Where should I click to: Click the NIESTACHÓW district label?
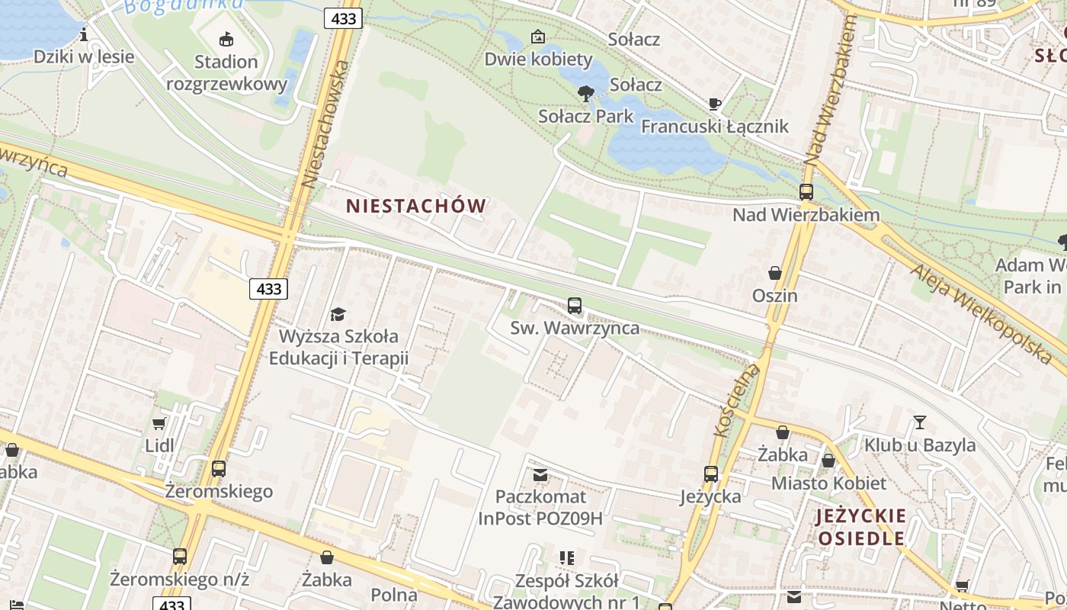tap(416, 206)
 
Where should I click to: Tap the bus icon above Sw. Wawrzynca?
tap(575, 306)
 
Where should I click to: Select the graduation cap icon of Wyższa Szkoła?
tap(338, 313)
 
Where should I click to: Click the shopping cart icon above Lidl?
tap(159, 423)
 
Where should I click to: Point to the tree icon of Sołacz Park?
tap(585, 94)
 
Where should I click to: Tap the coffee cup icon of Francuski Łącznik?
tap(714, 104)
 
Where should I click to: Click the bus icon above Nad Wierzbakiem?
tap(806, 192)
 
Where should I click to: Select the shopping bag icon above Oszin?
tap(775, 273)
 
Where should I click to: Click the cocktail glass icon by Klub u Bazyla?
tap(920, 422)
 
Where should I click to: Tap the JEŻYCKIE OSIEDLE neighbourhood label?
tap(861, 527)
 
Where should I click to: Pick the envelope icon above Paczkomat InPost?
tap(540, 475)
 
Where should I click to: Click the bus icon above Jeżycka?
tap(711, 474)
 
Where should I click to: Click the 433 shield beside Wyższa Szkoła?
tap(268, 289)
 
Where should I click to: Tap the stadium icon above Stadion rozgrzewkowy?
tap(226, 39)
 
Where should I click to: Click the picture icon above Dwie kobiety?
tap(538, 36)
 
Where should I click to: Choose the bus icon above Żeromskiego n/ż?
tap(180, 557)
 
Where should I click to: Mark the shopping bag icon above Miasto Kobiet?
tap(828, 461)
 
